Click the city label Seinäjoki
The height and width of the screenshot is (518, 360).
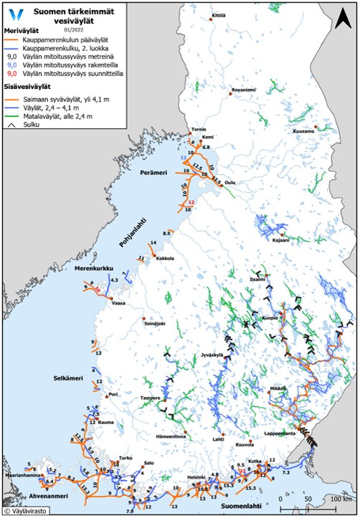click(155, 323)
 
